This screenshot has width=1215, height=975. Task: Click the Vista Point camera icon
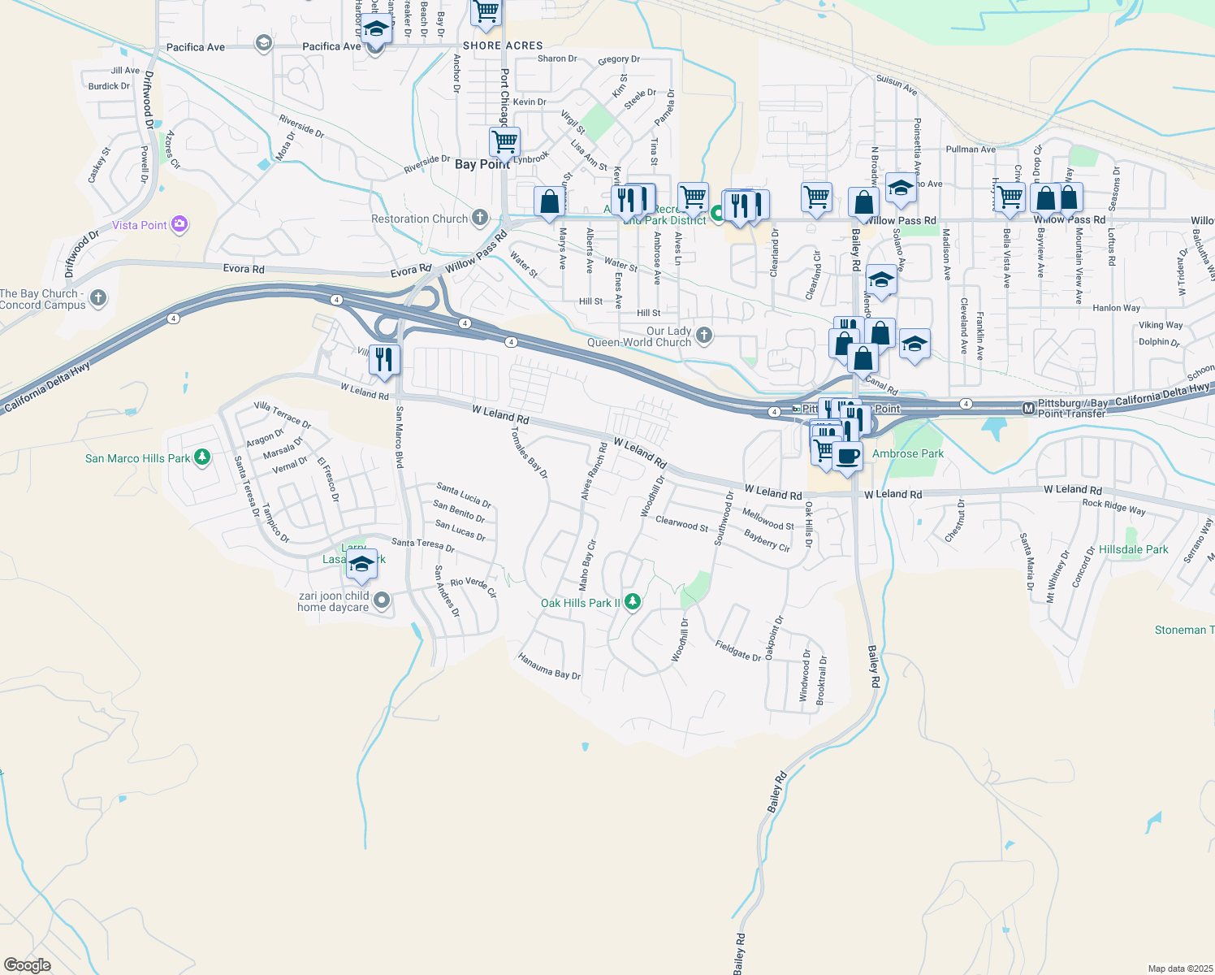tap(179, 225)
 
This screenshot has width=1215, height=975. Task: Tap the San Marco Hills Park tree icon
tap(202, 458)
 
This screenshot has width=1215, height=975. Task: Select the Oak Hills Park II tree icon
tap(633, 603)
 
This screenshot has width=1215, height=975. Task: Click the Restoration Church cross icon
tap(480, 218)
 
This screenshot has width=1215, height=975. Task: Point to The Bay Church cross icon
tap(98, 298)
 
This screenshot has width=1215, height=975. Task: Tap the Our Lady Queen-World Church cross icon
tap(704, 335)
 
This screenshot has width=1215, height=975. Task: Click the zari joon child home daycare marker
tap(381, 601)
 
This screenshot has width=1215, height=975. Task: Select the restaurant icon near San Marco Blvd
tap(384, 358)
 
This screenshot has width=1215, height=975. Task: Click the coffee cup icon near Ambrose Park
tap(846, 457)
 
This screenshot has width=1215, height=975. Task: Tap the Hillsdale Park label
tap(1133, 550)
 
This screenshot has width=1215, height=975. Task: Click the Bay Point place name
tap(482, 164)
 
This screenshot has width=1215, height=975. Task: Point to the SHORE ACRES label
tap(503, 45)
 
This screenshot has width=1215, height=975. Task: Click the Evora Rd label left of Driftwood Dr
tap(244, 268)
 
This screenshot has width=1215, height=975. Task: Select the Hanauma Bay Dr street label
tap(550, 666)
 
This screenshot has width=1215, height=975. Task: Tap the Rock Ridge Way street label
tap(1113, 506)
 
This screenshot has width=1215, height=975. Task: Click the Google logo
tap(27, 965)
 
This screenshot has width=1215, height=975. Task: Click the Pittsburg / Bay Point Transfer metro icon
tap(1028, 408)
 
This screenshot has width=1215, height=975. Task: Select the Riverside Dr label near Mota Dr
tap(301, 126)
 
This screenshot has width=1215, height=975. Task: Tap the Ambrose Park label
tap(908, 453)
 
